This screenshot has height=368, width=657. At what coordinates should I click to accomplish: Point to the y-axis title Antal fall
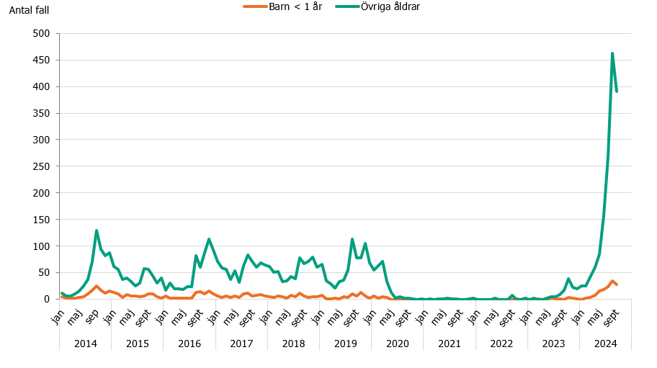tap(29, 11)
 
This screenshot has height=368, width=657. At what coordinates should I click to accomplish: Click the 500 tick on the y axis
tap(40, 34)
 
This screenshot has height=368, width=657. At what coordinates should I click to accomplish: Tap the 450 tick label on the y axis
tap(40, 60)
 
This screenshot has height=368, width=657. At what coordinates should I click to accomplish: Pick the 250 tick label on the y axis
tap(40, 166)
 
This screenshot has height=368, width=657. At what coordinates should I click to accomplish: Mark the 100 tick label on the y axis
tap(40, 246)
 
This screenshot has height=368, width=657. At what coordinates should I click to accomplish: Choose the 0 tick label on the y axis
tap(46, 299)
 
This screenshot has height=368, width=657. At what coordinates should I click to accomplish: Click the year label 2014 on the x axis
tap(86, 344)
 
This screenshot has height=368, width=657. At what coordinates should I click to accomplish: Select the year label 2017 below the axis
tap(241, 344)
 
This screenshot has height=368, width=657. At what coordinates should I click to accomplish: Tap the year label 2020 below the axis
tap(398, 344)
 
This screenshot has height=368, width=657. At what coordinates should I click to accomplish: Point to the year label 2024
tap(605, 344)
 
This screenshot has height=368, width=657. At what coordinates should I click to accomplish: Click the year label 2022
tap(501, 344)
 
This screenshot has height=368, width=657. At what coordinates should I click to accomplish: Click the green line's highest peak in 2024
tap(612, 53)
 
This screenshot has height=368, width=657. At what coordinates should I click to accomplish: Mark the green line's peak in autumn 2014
tap(97, 230)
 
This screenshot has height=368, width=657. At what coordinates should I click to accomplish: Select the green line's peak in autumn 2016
tap(209, 239)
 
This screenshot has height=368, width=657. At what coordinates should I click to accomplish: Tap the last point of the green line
tap(617, 91)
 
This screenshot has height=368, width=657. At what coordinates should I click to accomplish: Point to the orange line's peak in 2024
tap(612, 281)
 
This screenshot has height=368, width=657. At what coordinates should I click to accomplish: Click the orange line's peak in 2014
tap(97, 286)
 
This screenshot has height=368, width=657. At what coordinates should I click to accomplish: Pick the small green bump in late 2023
tap(568, 279)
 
